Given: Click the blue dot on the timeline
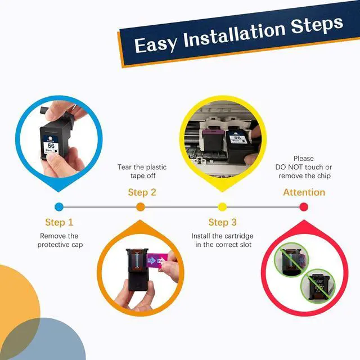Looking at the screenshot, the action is click(x=59, y=207).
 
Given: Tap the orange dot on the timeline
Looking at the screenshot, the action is click(x=141, y=207).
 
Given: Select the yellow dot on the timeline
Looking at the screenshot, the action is click(x=222, y=207).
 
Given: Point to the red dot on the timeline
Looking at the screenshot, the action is click(x=304, y=207).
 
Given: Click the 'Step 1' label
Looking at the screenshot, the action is click(x=59, y=222).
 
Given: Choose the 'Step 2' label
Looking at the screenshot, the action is click(x=142, y=192).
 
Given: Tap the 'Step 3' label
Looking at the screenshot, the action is click(x=223, y=222).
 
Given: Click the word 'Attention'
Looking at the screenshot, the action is click(x=304, y=192).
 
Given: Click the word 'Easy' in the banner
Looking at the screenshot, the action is click(x=156, y=44).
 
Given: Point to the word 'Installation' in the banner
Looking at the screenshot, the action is click(x=234, y=34).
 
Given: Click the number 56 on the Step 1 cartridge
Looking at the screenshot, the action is click(x=51, y=146).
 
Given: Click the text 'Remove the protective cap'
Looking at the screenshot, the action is click(x=60, y=240).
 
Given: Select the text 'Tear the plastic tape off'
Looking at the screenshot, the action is click(x=142, y=172).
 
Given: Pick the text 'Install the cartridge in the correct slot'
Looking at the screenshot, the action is click(x=223, y=240).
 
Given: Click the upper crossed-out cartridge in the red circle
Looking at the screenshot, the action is click(x=292, y=259).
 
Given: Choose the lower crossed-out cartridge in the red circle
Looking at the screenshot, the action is click(x=318, y=286).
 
